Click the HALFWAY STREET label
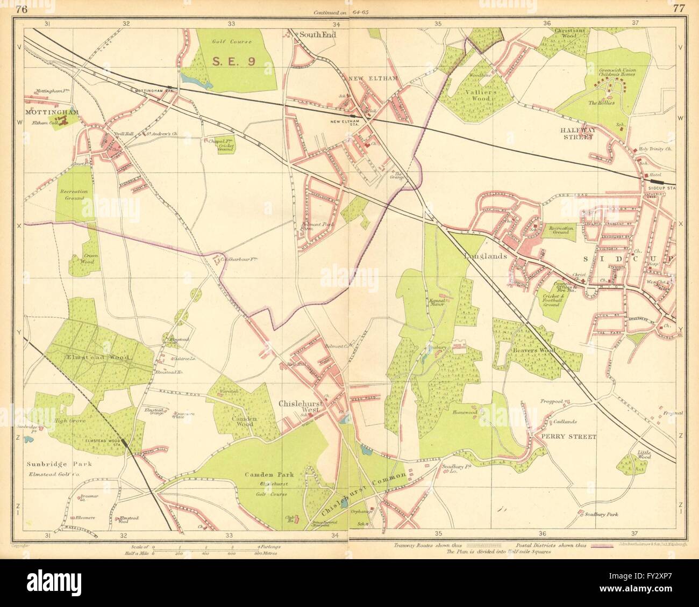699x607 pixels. pos(575,133)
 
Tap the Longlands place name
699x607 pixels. pos(485,257)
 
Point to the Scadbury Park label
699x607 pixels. pos(601,514)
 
